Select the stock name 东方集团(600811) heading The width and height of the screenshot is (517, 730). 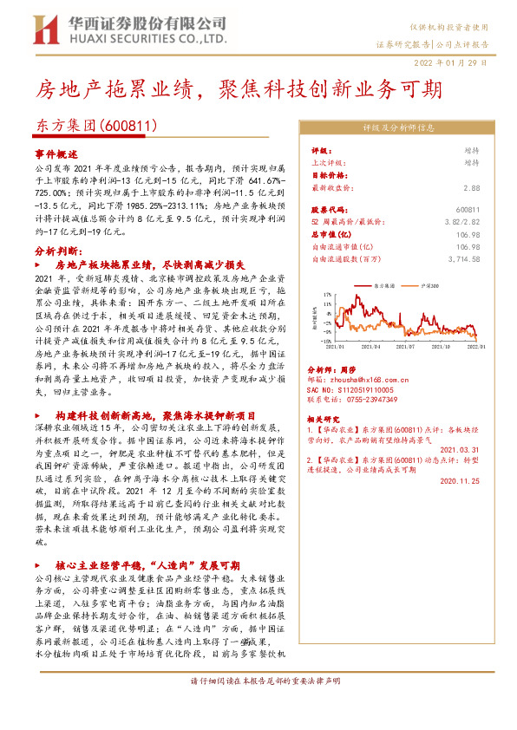(95, 126)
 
